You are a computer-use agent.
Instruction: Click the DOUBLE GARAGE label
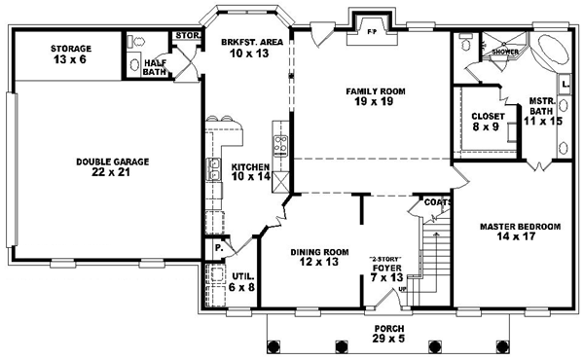tap(97, 162)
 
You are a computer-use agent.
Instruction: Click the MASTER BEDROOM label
tap(520, 227)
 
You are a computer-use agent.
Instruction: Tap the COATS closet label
tap(435, 202)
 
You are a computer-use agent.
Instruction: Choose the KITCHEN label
tap(250, 166)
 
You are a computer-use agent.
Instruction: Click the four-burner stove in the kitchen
tap(280, 147)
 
